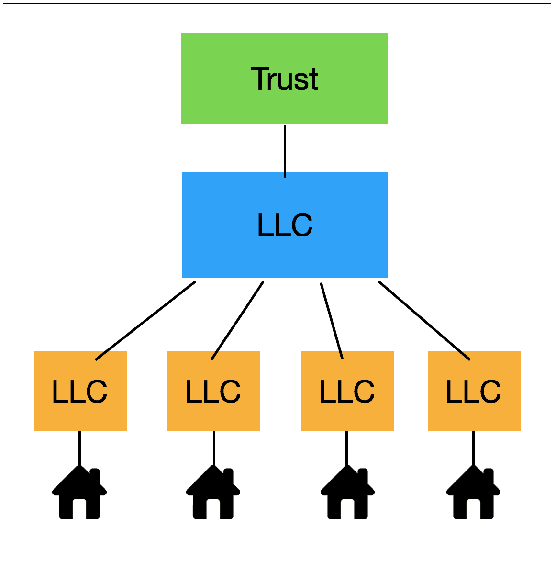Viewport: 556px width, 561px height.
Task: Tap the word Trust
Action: [x=284, y=79]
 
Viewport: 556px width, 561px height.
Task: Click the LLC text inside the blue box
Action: [x=284, y=225]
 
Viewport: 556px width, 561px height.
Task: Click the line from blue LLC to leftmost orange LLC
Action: [x=145, y=321]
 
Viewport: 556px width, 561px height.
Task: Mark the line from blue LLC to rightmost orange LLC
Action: [x=424, y=321]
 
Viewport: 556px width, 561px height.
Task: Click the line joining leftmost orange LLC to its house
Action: [x=79, y=448]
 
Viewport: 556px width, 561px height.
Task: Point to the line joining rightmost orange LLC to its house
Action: [x=473, y=448]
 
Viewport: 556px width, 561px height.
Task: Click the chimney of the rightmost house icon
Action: [x=488, y=476]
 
